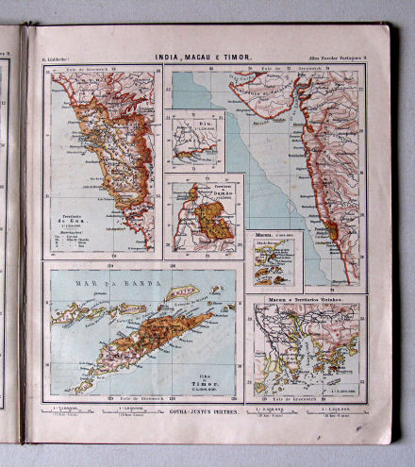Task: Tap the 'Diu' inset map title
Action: (x=177, y=119)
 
